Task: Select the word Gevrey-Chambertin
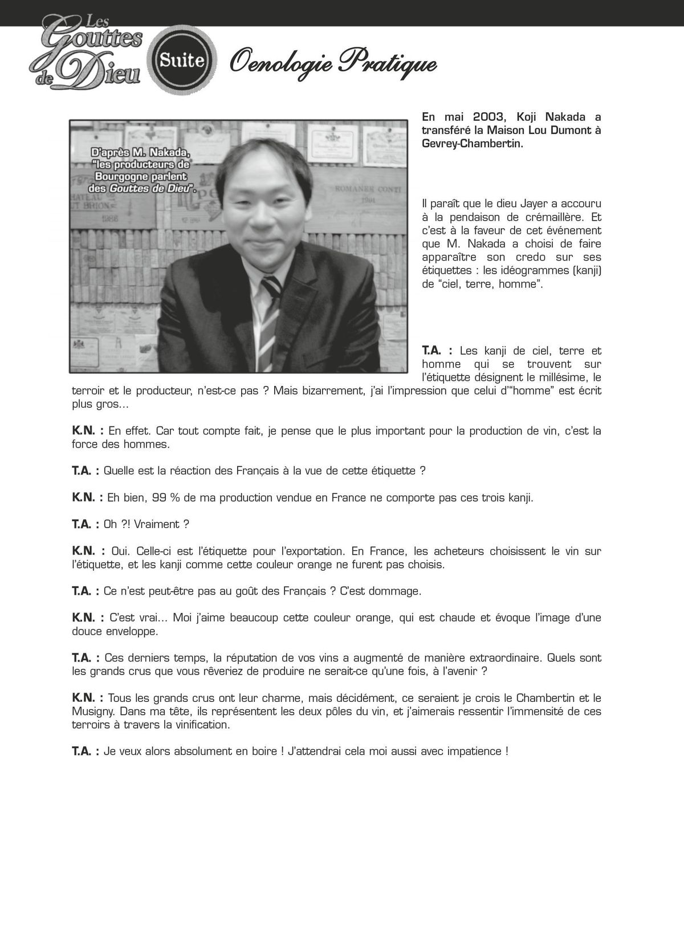click(x=473, y=144)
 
